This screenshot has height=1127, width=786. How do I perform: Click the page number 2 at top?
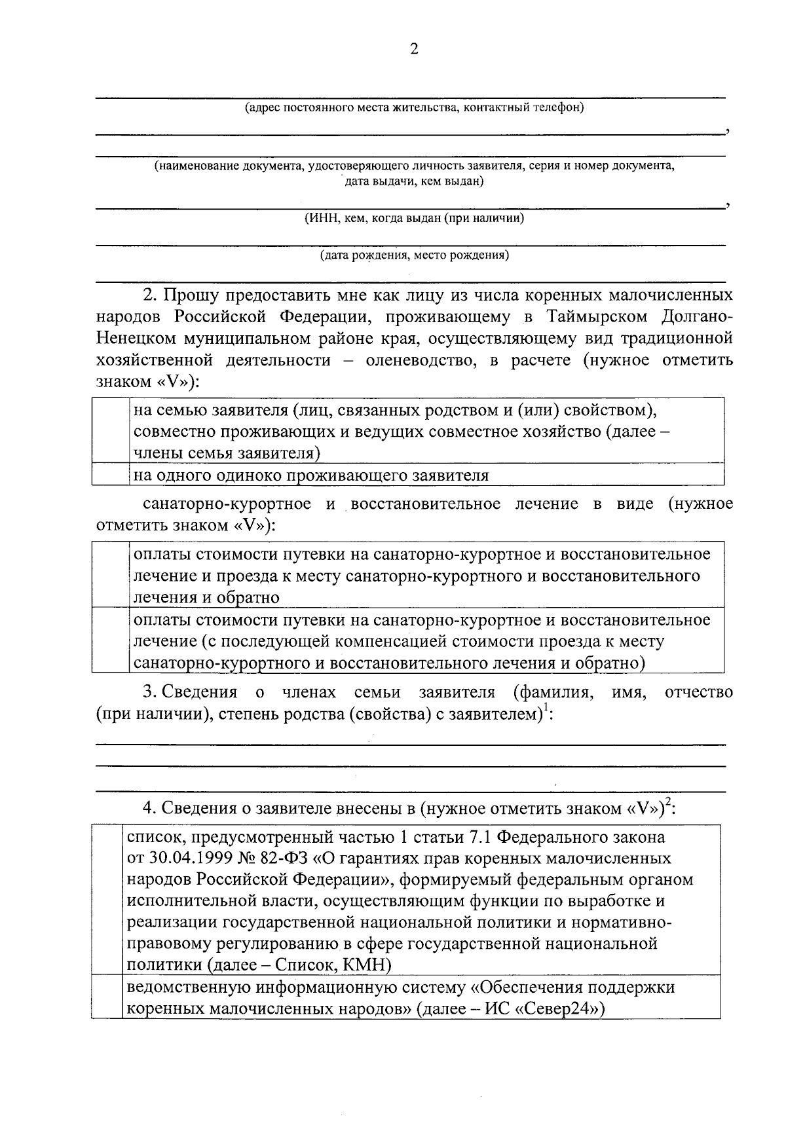pyautogui.click(x=413, y=50)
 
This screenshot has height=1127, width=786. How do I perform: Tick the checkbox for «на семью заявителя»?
pyautogui.click(x=110, y=430)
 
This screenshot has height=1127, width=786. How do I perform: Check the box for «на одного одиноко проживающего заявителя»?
pyautogui.click(x=110, y=475)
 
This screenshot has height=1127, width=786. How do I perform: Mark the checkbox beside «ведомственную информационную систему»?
pyautogui.click(x=107, y=998)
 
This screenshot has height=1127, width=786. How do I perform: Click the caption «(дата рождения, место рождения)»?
pyautogui.click(x=414, y=255)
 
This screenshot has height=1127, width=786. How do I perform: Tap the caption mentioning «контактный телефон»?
pyautogui.click(x=414, y=107)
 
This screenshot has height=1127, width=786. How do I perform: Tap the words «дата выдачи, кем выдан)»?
pyautogui.click(x=414, y=181)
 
